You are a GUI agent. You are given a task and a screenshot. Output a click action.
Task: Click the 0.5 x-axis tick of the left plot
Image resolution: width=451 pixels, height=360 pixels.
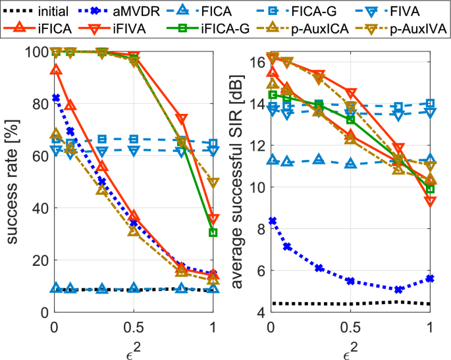pyautogui.click(x=134, y=327)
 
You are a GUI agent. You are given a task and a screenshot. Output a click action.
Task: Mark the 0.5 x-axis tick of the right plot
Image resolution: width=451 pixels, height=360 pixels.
pyautogui.click(x=350, y=327)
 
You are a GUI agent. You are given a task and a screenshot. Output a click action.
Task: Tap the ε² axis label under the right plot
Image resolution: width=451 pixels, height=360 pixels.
pyautogui.click(x=350, y=348)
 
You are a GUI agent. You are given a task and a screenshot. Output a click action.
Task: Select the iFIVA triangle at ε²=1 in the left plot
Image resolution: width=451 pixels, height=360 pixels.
pyautogui.click(x=213, y=219)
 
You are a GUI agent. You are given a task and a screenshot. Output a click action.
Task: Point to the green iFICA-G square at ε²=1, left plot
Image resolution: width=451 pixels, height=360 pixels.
pyautogui.click(x=213, y=232)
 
